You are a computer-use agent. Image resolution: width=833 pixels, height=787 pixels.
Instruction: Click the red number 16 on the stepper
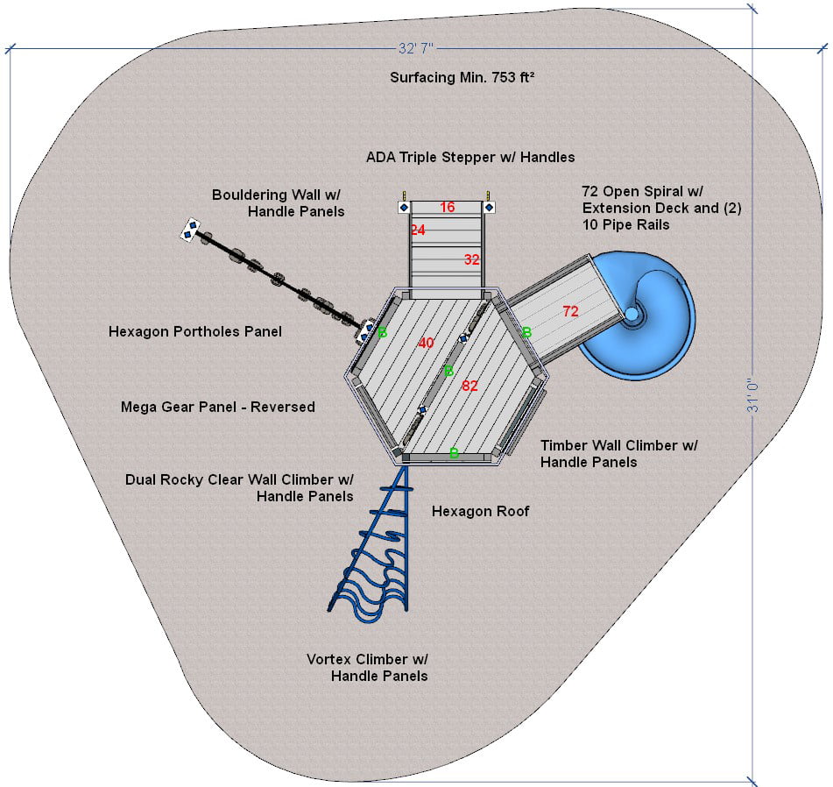pyautogui.click(x=447, y=208)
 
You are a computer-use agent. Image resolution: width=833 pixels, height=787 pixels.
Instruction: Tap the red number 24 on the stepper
pyautogui.click(x=417, y=230)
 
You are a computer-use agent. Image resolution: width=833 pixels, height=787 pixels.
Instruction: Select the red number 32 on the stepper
pyautogui.click(x=472, y=259)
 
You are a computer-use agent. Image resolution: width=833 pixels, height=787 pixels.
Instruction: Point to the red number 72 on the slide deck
pyautogui.click(x=570, y=311)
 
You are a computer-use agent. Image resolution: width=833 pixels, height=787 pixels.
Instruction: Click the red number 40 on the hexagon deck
pyautogui.click(x=426, y=343)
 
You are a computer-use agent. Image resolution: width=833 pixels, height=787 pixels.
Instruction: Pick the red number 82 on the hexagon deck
pyautogui.click(x=469, y=386)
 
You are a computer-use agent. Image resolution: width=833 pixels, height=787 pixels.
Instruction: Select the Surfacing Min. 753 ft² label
pyautogui.click(x=462, y=78)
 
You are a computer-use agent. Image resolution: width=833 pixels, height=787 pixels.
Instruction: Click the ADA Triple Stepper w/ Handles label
pyautogui.click(x=470, y=158)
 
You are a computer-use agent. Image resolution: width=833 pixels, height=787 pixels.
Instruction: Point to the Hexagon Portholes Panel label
pyautogui.click(x=195, y=332)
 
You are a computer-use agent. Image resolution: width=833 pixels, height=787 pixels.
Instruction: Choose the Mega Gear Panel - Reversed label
pyautogui.click(x=218, y=408)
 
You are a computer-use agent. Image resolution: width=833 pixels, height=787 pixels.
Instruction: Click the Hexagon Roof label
pyautogui.click(x=480, y=512)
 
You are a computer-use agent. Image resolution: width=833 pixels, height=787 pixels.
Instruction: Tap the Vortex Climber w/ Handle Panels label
pyautogui.click(x=367, y=667)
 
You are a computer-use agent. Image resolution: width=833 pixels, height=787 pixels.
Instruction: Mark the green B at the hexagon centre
pyautogui.click(x=448, y=371)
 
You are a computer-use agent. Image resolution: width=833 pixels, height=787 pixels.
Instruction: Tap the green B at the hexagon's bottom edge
pyautogui.click(x=454, y=453)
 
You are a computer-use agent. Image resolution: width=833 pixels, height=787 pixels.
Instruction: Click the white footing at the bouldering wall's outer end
pyautogui.click(x=189, y=230)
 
